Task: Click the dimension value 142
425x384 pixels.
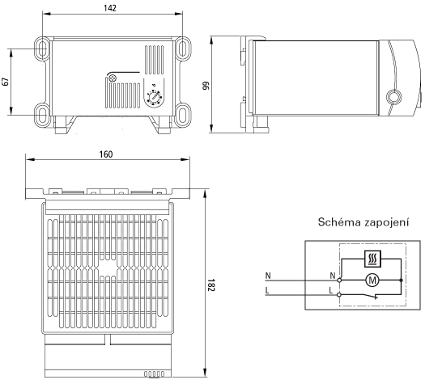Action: (110, 8)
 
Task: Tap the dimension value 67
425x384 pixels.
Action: (6, 82)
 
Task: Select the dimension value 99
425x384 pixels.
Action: (206, 86)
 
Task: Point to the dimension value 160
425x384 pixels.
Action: (106, 154)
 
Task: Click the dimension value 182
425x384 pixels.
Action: (211, 285)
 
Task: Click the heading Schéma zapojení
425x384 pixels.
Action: (363, 222)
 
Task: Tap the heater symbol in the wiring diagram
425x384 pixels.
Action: (372, 259)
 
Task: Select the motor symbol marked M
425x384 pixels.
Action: (372, 281)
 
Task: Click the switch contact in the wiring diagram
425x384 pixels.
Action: (370, 296)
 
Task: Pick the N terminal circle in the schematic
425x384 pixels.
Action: (339, 281)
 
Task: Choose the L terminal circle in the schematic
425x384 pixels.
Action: (339, 294)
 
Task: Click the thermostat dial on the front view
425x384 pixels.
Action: (155, 97)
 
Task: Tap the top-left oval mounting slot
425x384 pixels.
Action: (42, 49)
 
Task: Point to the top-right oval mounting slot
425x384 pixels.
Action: (183, 49)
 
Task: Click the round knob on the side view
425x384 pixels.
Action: (393, 97)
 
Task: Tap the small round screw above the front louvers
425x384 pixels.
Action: (112, 78)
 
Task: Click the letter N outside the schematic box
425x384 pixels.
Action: (268, 276)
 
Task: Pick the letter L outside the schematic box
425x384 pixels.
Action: (267, 291)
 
